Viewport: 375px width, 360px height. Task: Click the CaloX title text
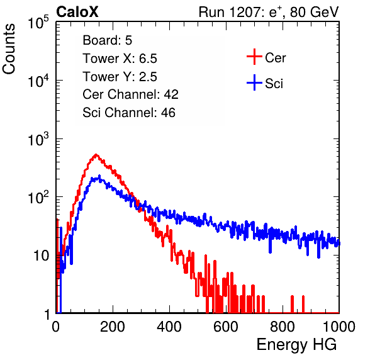coord(77,12)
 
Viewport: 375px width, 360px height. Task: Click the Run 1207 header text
coord(269,12)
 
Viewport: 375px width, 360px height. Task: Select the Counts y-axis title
coord(9,49)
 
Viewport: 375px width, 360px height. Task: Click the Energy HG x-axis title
coord(296,345)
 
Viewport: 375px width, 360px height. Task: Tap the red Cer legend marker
coord(254,57)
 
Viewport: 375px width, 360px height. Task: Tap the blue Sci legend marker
coord(254,82)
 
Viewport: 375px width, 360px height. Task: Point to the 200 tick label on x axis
coord(113,327)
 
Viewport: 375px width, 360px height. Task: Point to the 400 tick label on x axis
coord(169,327)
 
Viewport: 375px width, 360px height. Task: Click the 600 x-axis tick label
coord(226,327)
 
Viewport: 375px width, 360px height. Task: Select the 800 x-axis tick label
coord(283,327)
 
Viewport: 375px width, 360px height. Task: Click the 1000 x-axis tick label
coord(339,327)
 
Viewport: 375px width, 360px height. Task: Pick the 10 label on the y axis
coord(42,256)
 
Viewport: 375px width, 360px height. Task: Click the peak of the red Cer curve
coord(96,155)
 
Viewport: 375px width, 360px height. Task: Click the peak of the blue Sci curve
coord(99,176)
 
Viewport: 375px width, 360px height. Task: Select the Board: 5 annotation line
coord(108,40)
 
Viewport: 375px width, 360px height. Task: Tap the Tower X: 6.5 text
coord(120,59)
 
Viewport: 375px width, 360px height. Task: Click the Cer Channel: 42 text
coord(131,94)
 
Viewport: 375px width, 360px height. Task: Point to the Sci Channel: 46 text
coord(129,113)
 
